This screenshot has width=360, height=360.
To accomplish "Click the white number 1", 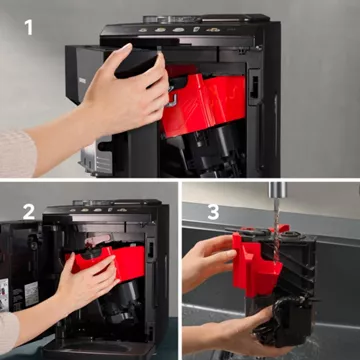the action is point(29,27).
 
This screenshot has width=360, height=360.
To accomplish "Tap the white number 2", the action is point(29,211).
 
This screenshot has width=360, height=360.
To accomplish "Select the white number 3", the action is point(213,212).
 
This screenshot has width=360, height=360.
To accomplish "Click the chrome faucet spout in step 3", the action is point(278,190).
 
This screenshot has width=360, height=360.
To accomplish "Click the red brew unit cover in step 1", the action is point(204,104).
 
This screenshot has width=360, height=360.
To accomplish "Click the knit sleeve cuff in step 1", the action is point(17,154).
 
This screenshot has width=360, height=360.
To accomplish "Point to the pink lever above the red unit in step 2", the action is point(97,239).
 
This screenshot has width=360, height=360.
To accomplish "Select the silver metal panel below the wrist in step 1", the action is point(96,156).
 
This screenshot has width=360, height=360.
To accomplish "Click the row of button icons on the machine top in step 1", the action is point(179,30).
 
